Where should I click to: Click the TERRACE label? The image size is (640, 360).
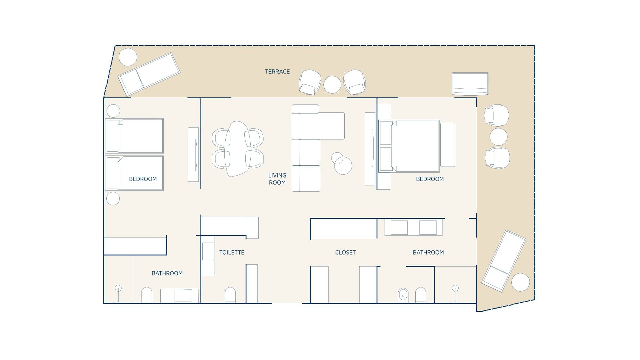(277, 72)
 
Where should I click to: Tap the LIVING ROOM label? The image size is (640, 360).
(277, 179)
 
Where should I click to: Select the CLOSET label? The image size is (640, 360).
(345, 253)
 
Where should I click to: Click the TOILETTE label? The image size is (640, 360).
(232, 253)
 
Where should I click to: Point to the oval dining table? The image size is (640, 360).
(237, 149)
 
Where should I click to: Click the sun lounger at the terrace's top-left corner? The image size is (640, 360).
(149, 74)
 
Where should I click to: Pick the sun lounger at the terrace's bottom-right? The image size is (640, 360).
(504, 261)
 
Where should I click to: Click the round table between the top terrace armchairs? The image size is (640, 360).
(332, 85)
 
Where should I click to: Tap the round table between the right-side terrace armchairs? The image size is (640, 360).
(498, 137)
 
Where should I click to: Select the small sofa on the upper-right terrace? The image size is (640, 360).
(470, 84)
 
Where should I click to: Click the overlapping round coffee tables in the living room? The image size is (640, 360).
(342, 163)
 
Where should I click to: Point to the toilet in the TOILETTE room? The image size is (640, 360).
(230, 295)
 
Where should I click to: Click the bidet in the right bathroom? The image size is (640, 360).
(403, 295)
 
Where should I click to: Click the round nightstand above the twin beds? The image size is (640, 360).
(113, 111)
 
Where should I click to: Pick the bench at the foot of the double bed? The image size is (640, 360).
(448, 145)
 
